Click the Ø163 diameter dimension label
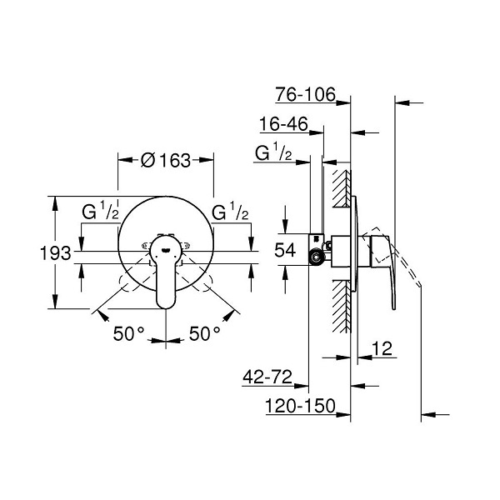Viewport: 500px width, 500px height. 166,160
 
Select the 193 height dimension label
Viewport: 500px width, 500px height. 56,253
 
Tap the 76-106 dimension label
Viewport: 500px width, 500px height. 306,94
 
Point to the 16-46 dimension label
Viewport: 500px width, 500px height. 284,123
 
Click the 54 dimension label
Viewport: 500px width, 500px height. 285,250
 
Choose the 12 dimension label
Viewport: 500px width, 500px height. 382,348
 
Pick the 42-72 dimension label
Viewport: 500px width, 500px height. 267,377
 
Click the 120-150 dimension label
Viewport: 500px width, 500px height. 301,406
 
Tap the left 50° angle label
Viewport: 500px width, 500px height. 128,334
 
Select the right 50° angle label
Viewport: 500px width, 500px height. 204,334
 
